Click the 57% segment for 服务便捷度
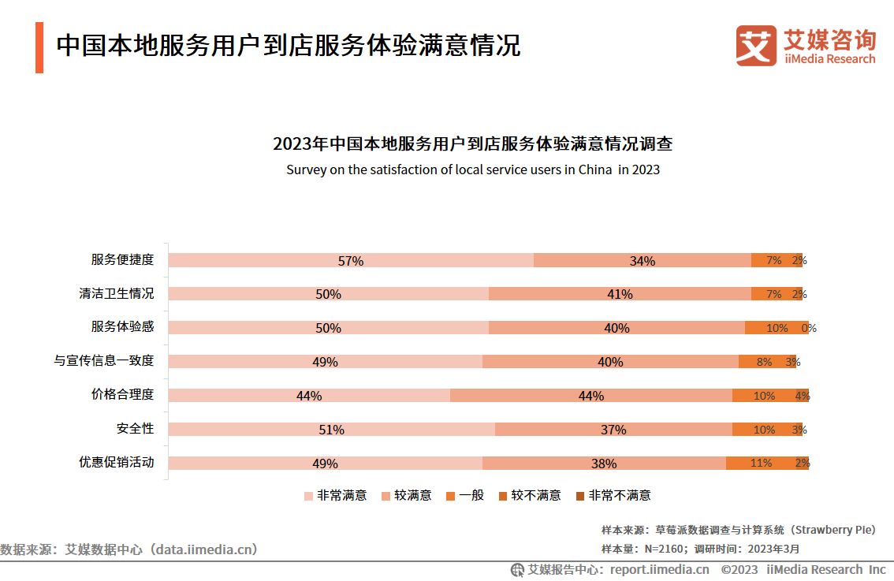pos(351,260)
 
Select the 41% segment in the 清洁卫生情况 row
pos(620,294)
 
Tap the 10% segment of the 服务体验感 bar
pos(776,328)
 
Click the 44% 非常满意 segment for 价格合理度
pos(309,396)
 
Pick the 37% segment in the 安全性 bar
pos(613,430)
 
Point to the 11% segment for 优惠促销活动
pos(760,464)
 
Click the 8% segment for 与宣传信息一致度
pos(763,362)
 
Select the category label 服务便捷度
pos(122,260)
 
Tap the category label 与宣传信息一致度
pos(103,361)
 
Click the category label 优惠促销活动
pos(116,463)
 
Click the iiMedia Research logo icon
pos(755,46)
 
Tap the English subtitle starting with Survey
pos(472,169)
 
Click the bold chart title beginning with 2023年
pos(472,144)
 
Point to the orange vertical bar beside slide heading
pos(39,47)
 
